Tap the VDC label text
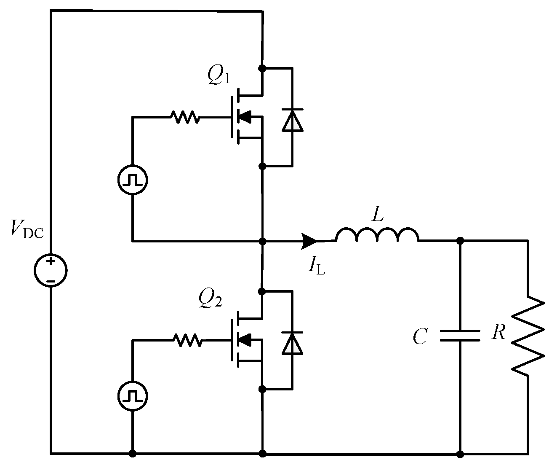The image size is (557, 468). point(28,230)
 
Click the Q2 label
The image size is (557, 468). point(210,299)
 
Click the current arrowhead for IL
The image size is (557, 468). point(309,241)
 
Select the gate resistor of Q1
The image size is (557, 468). point(185,117)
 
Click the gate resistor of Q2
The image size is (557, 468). point(187,340)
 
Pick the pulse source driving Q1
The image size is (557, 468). point(133,180)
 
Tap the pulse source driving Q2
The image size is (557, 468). point(133,396)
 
